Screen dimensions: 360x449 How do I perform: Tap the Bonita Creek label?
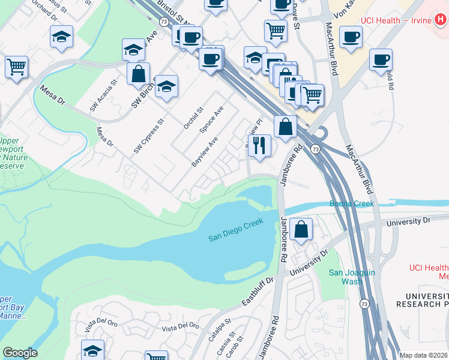(352, 204)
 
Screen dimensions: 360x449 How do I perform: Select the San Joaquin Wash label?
(352, 277)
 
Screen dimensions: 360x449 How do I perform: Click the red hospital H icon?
(441, 20)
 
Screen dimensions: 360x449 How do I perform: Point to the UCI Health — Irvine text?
(396, 20)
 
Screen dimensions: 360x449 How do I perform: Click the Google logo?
(20, 353)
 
